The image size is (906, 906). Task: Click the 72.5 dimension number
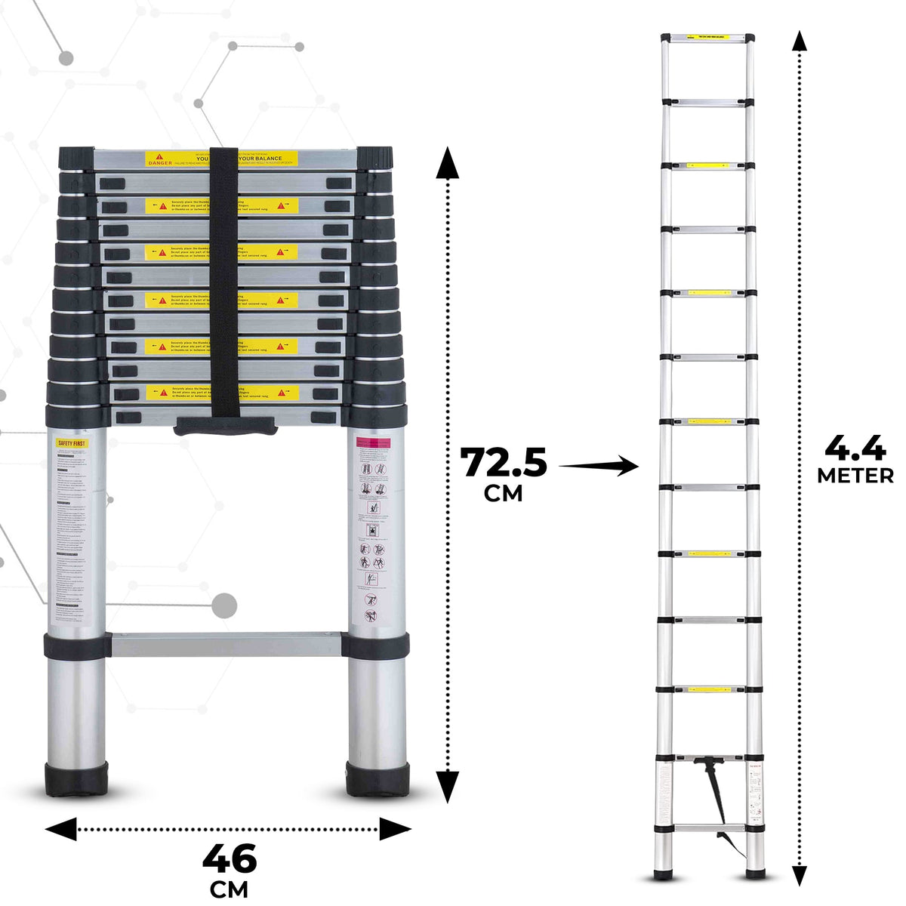504,462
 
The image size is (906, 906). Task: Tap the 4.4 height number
855,449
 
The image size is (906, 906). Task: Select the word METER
855,476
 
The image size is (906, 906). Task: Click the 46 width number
230,859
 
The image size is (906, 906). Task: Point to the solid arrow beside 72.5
600,467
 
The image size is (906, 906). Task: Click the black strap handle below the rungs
225,427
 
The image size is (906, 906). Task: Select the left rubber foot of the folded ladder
75,779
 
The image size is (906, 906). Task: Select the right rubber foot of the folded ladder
377,779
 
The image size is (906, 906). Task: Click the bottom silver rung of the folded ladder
225,644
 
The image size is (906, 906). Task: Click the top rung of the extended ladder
707,37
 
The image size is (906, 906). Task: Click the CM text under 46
230,889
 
